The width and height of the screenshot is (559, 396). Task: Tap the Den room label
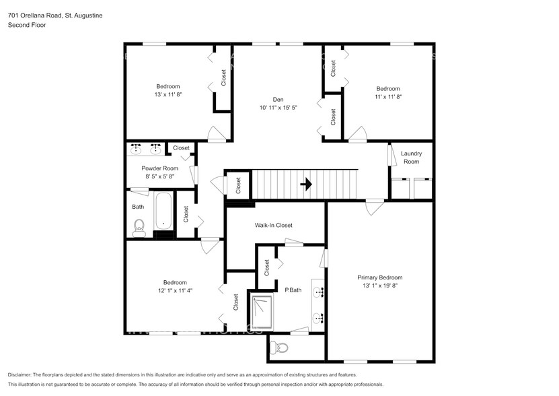click(x=278, y=99)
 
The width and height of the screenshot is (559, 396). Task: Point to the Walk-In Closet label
click(x=273, y=226)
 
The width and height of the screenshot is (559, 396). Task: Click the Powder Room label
click(x=159, y=168)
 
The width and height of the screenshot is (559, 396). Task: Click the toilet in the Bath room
click(x=139, y=226)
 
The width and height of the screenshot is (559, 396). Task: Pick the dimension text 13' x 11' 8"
click(x=168, y=95)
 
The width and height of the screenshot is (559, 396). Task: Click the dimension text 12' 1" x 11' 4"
click(x=174, y=291)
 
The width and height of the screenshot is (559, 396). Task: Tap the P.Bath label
click(x=293, y=290)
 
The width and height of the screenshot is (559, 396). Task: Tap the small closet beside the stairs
click(x=237, y=184)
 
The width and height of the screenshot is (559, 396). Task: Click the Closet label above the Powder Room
click(x=181, y=148)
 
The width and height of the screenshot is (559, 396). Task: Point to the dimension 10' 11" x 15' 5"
click(x=278, y=108)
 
